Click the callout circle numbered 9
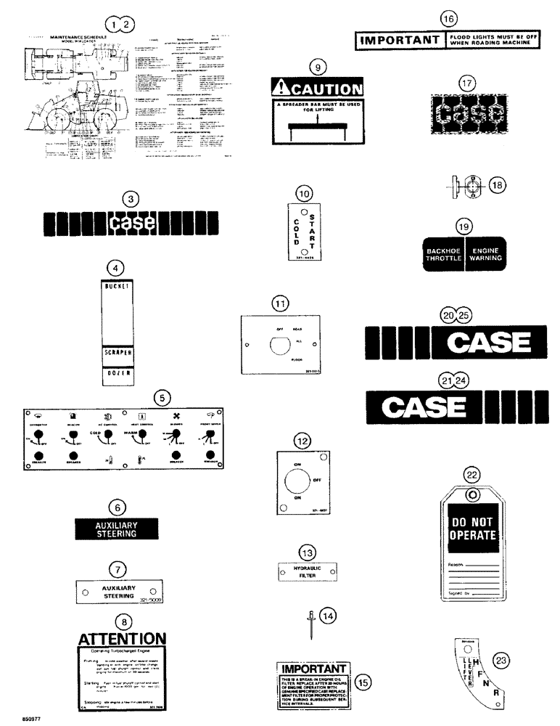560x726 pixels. tap(314, 66)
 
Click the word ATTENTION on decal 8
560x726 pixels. tap(127, 639)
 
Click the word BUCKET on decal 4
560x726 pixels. tap(121, 288)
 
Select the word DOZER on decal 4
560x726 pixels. tap(121, 378)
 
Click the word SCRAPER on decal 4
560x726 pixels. tap(121, 354)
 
